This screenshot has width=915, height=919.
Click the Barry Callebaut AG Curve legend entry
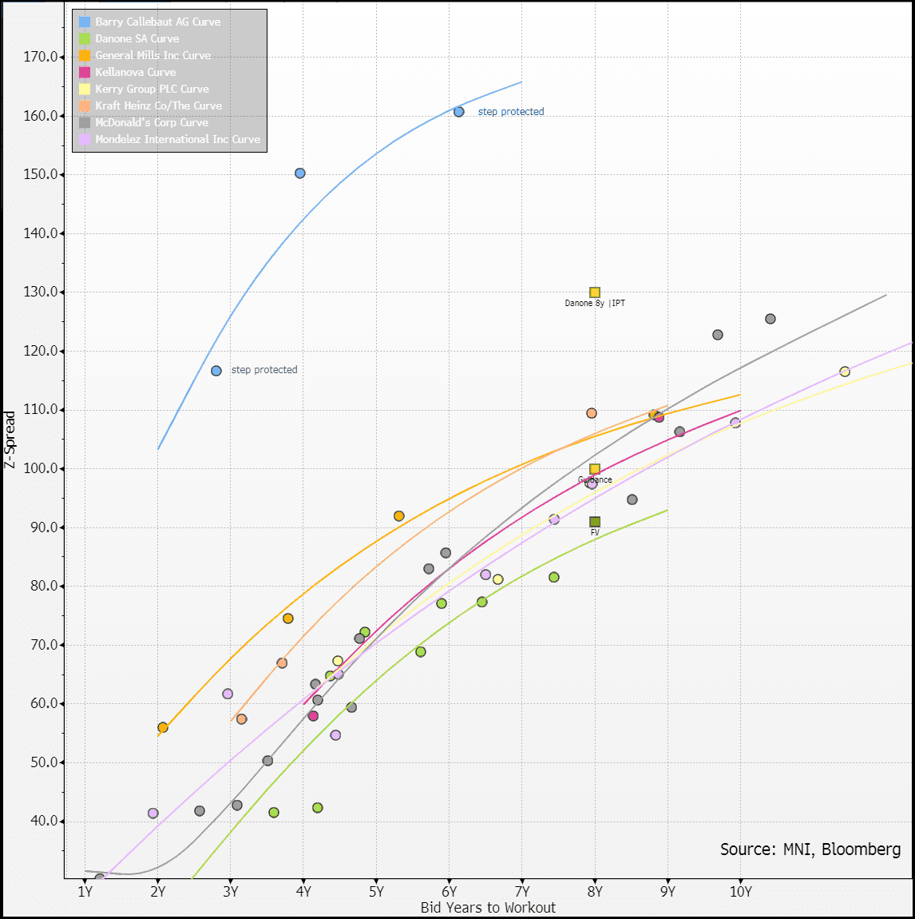coord(157,22)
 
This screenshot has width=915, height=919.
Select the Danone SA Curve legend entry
coord(137,38)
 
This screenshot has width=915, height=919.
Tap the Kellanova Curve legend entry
coord(135,72)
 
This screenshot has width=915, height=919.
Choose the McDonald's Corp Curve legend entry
coord(151,122)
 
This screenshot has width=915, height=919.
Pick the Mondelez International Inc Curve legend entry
coord(177,139)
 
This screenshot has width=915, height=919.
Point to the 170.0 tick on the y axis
coord(42,57)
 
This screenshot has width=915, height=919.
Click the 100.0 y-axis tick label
coord(42,468)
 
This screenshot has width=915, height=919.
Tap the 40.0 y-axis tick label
coord(45,822)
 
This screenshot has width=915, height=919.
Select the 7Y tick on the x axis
coord(522,892)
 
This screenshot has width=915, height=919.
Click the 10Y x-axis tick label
coord(740,892)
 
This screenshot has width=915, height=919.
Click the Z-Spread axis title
coord(10,439)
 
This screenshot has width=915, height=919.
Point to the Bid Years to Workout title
coord(488,908)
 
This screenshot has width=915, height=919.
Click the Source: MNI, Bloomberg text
coord(810,849)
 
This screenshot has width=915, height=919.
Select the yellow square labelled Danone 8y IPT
coord(595,292)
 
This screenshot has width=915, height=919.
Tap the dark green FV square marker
coord(595,522)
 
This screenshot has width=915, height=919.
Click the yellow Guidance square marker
coord(595,469)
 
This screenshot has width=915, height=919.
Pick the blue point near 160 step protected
coord(459,112)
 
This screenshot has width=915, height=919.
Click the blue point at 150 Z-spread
coord(300,173)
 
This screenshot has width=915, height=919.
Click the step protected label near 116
coord(264,370)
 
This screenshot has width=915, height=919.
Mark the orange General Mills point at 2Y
coord(163,728)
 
